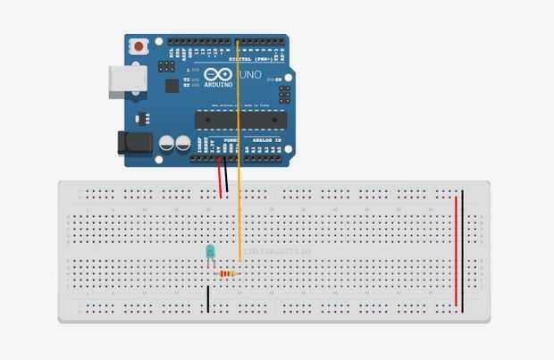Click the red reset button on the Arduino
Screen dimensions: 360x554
(x=139, y=46)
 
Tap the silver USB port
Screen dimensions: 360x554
(x=122, y=81)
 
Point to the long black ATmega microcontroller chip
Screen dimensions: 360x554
(x=241, y=120)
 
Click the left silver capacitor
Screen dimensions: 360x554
(x=166, y=143)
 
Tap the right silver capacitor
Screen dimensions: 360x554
(x=182, y=143)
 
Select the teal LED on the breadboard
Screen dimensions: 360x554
(x=210, y=253)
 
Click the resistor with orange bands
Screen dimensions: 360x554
(x=227, y=273)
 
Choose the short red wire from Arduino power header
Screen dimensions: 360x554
(x=219, y=178)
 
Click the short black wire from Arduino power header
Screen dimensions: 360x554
(x=226, y=176)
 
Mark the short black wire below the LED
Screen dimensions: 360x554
(x=208, y=297)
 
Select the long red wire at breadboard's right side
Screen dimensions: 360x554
(x=456, y=250)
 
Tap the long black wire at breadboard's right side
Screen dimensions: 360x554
(x=463, y=250)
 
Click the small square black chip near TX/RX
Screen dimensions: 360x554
(x=172, y=87)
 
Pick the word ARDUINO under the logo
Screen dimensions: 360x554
(x=218, y=84)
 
